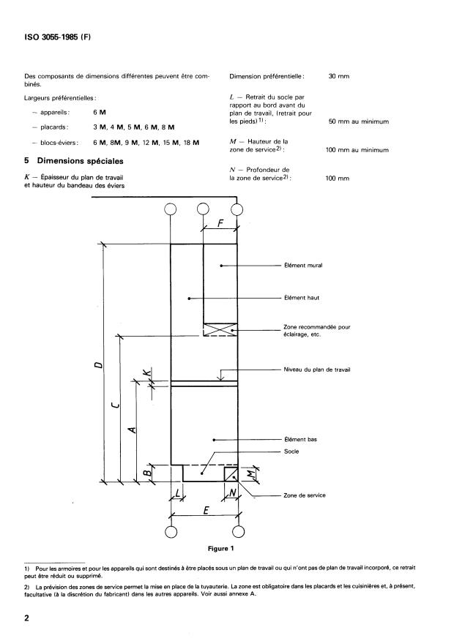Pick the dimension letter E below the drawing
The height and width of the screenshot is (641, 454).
point(206,511)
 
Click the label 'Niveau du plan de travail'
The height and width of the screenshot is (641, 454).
point(317,370)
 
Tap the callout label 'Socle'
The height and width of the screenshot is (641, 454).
point(291,451)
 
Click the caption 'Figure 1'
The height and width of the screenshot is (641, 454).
point(220,549)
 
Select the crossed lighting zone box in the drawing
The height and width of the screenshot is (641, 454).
point(220,330)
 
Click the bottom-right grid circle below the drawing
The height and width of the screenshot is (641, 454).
point(238,531)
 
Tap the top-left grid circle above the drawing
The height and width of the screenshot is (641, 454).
point(171,209)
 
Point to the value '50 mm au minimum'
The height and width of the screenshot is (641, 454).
point(358,121)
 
